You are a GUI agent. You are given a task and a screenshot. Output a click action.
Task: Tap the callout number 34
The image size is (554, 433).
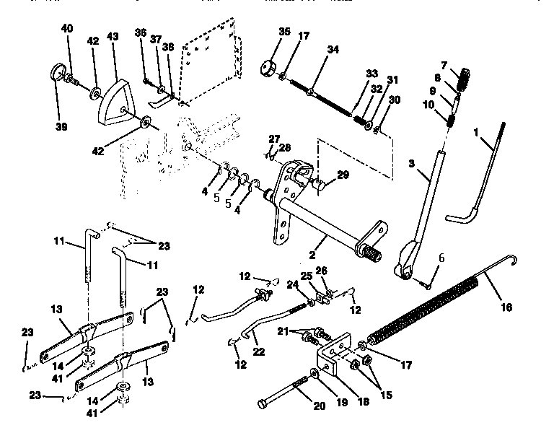(332, 50)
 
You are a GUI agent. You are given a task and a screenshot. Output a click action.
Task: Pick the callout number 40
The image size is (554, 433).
(67, 27)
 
